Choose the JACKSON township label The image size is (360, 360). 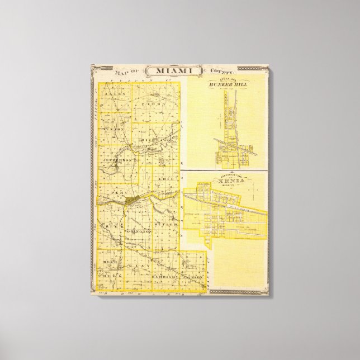pos(193,276)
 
